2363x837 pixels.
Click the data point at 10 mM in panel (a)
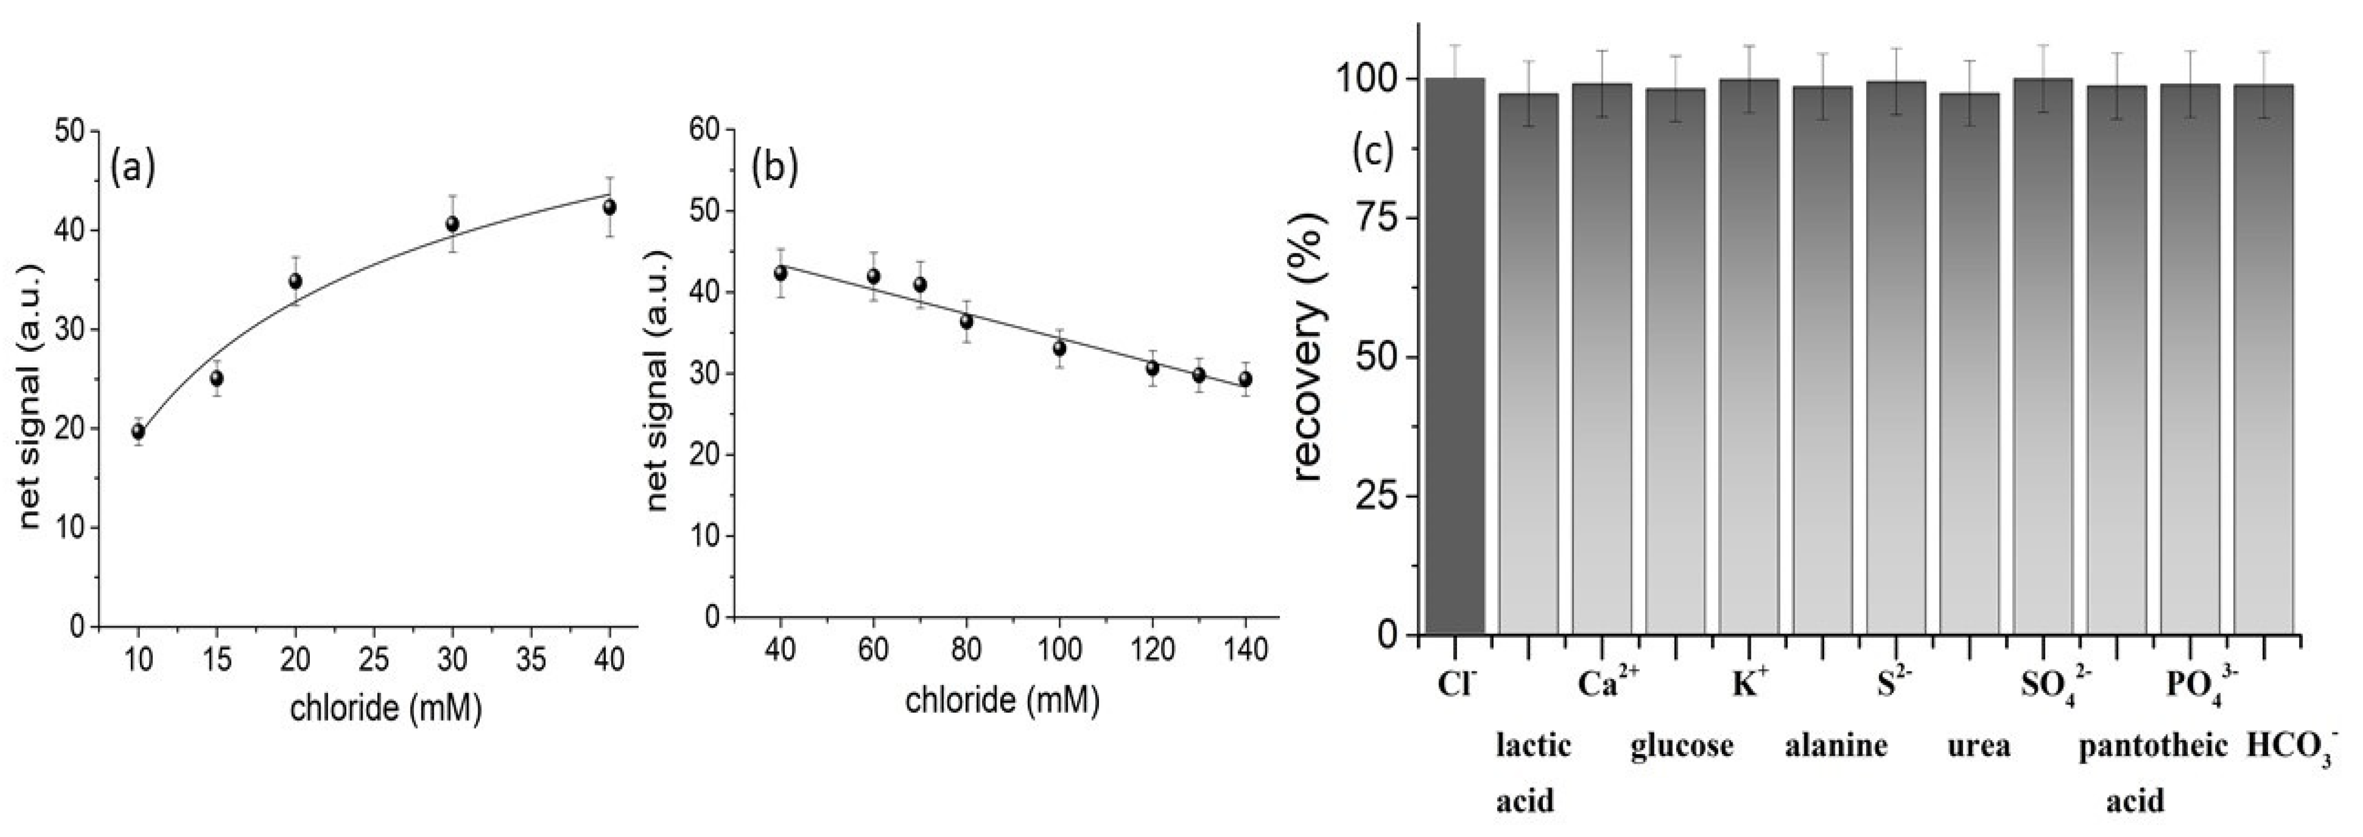pos(138,432)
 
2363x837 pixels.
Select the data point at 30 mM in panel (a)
pos(452,224)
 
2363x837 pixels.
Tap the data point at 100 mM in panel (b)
pos(1059,349)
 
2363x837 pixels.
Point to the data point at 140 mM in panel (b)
pos(1245,379)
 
